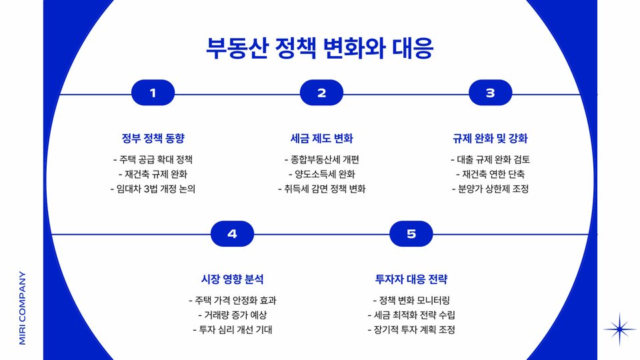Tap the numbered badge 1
[153, 93]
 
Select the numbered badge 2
[321, 93]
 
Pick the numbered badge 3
[490, 93]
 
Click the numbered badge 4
[232, 233]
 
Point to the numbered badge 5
[411, 233]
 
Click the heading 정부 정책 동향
[153, 139]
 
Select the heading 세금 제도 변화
[321, 139]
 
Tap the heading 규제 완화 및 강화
[490, 139]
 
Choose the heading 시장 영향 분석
[232, 279]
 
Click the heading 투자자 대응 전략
[411, 279]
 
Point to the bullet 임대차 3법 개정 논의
[153, 189]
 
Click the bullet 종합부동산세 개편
[321, 160]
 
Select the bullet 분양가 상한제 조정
[490, 189]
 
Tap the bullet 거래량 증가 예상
[232, 315]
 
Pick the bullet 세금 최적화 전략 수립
[411, 315]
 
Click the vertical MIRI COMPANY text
[22, 307]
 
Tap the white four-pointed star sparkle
[620, 329]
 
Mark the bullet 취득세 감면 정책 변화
[321, 189]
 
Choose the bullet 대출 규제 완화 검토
[490, 160]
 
